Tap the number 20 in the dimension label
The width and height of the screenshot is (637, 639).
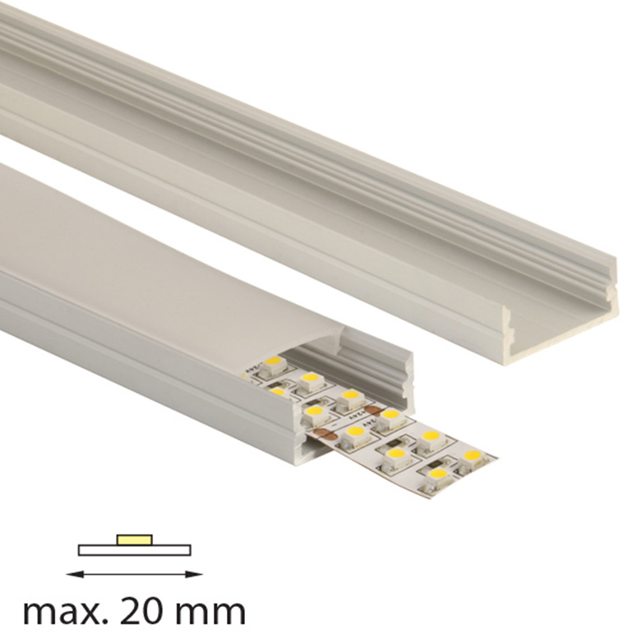point(133,611)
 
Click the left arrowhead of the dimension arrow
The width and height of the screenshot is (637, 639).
point(74,575)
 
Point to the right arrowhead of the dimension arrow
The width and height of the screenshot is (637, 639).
point(195,575)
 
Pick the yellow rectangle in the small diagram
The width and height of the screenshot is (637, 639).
point(135,540)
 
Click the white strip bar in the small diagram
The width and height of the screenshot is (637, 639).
point(135,550)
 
